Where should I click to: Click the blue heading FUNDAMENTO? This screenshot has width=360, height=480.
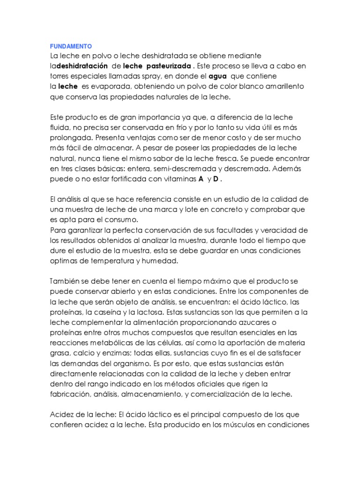click(x=71, y=46)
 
